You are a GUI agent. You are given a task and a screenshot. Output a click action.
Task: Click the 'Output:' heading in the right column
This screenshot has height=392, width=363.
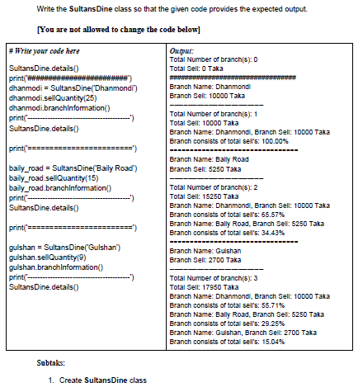(181, 52)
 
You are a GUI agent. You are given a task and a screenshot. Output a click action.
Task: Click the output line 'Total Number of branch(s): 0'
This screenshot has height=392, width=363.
(213, 60)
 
